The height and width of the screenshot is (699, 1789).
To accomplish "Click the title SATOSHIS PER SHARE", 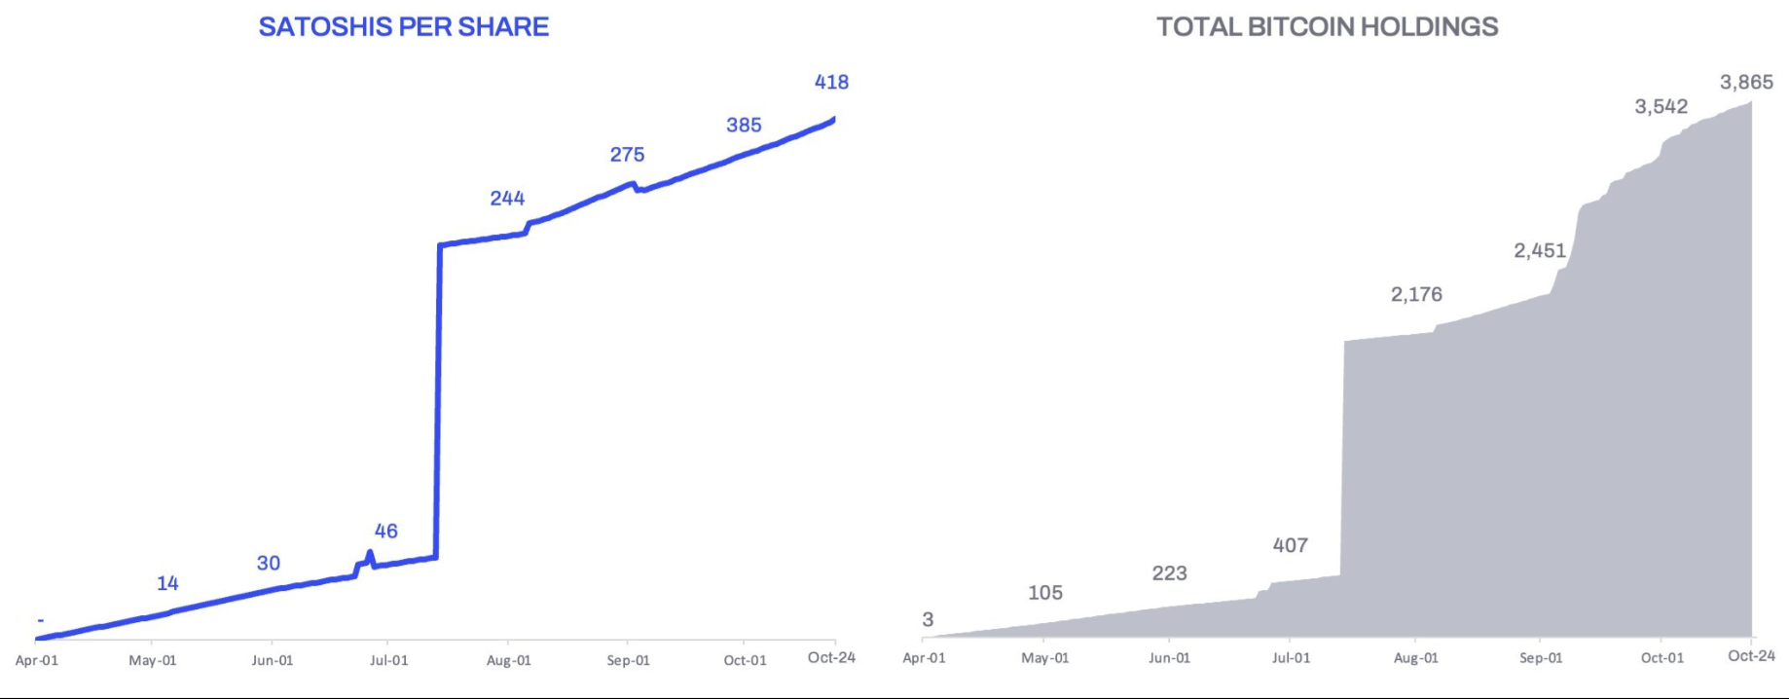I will click(403, 26).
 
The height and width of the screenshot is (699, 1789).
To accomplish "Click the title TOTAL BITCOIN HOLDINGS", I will click(1327, 26).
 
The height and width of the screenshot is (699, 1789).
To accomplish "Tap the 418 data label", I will click(831, 83).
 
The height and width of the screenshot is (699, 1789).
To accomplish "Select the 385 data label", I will click(744, 126).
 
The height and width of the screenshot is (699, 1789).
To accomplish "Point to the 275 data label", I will click(627, 155).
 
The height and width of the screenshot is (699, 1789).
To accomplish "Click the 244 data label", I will click(507, 199).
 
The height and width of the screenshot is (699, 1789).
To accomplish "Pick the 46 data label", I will click(385, 532).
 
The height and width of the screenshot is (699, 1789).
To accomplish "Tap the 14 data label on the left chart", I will click(167, 583).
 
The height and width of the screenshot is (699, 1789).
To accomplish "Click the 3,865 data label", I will click(1746, 83).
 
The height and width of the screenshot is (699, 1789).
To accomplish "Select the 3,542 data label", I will click(1661, 107).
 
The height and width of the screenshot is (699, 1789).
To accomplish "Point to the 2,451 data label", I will click(1540, 251).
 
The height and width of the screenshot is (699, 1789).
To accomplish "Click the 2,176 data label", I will click(1416, 295).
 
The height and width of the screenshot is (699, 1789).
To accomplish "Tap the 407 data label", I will click(1290, 546).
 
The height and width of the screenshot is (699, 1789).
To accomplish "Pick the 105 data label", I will click(1044, 593).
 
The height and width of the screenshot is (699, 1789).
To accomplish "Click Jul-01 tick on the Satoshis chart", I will click(388, 660).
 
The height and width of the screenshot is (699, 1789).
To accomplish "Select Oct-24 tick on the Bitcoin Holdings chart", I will click(1751, 656).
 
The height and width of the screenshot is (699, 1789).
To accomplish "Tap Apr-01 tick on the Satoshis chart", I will click(37, 660).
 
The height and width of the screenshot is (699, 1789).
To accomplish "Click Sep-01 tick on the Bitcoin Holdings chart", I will click(1541, 658).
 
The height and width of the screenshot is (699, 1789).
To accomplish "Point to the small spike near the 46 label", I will click(369, 556).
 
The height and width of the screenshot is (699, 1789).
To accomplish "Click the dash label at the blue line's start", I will click(41, 620).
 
